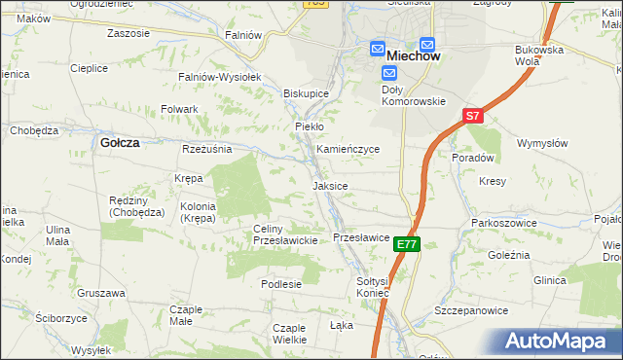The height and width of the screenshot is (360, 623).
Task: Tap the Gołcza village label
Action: pyautogui.click(x=120, y=142)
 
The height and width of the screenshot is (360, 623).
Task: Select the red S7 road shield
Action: pyautogui.click(x=472, y=116)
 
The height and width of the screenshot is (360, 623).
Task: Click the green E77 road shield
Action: pyautogui.click(x=408, y=245)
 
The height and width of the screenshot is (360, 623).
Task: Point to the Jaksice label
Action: pyautogui.click(x=330, y=185)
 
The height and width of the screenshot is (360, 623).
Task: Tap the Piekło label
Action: pyautogui.click(x=309, y=126)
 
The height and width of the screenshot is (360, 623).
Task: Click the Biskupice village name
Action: pyautogui.click(x=306, y=93)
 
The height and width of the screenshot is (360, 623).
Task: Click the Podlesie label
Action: pyautogui.click(x=281, y=284)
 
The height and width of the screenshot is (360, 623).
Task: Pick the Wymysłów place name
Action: pyautogui.click(x=543, y=143)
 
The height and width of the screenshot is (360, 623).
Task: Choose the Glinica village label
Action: pyautogui.click(x=549, y=280)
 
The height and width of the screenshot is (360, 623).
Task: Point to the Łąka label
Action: pyautogui.click(x=342, y=324)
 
